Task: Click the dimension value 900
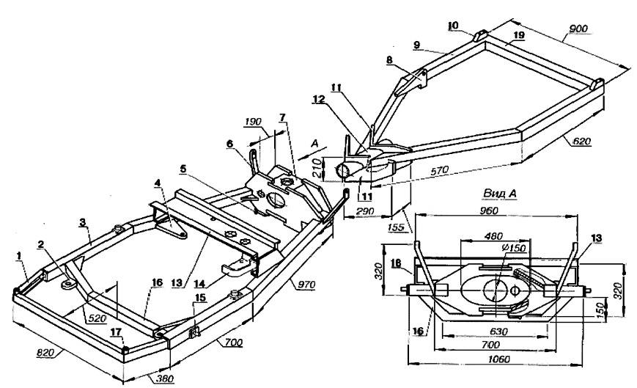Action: [578, 29]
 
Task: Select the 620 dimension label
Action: [582, 142]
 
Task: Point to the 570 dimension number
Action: [439, 170]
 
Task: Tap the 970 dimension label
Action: [306, 285]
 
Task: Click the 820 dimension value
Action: [45, 353]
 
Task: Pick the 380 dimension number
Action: [164, 378]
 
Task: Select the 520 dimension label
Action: [97, 318]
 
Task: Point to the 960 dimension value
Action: [489, 211]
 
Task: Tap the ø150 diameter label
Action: [514, 247]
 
